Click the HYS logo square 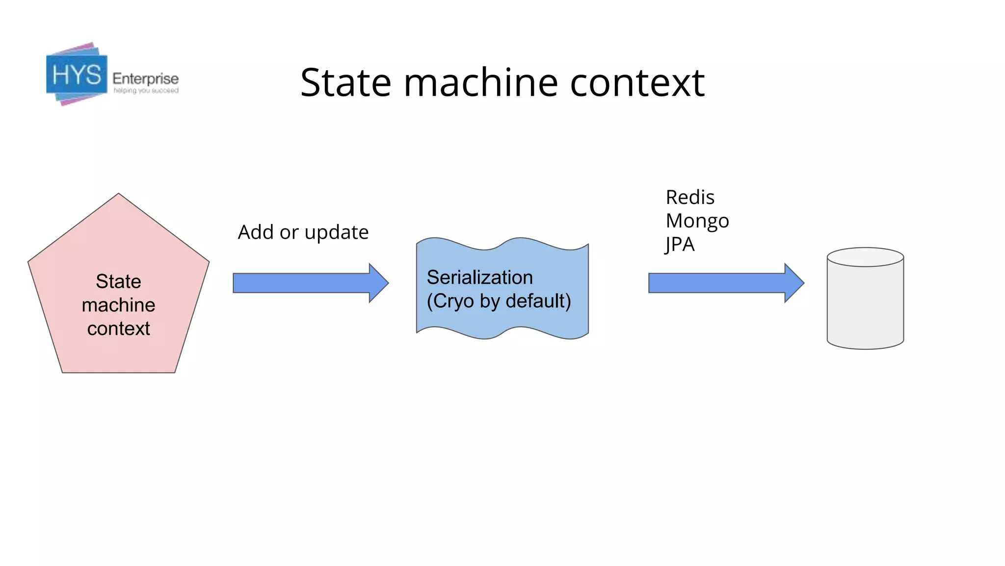(x=77, y=75)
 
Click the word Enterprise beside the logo (x=145, y=79)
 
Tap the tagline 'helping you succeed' (x=146, y=91)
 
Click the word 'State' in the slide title (x=345, y=83)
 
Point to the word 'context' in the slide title (x=637, y=83)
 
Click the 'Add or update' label (x=303, y=232)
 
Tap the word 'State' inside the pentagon (x=118, y=282)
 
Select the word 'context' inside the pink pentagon (x=118, y=329)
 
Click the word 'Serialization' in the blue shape (x=479, y=278)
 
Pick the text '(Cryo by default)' (x=499, y=301)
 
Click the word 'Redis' (x=689, y=198)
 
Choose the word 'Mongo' (x=697, y=221)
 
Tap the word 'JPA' (x=680, y=245)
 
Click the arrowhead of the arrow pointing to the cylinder (x=793, y=283)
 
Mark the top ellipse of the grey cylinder (x=865, y=257)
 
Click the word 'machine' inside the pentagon (x=118, y=305)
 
